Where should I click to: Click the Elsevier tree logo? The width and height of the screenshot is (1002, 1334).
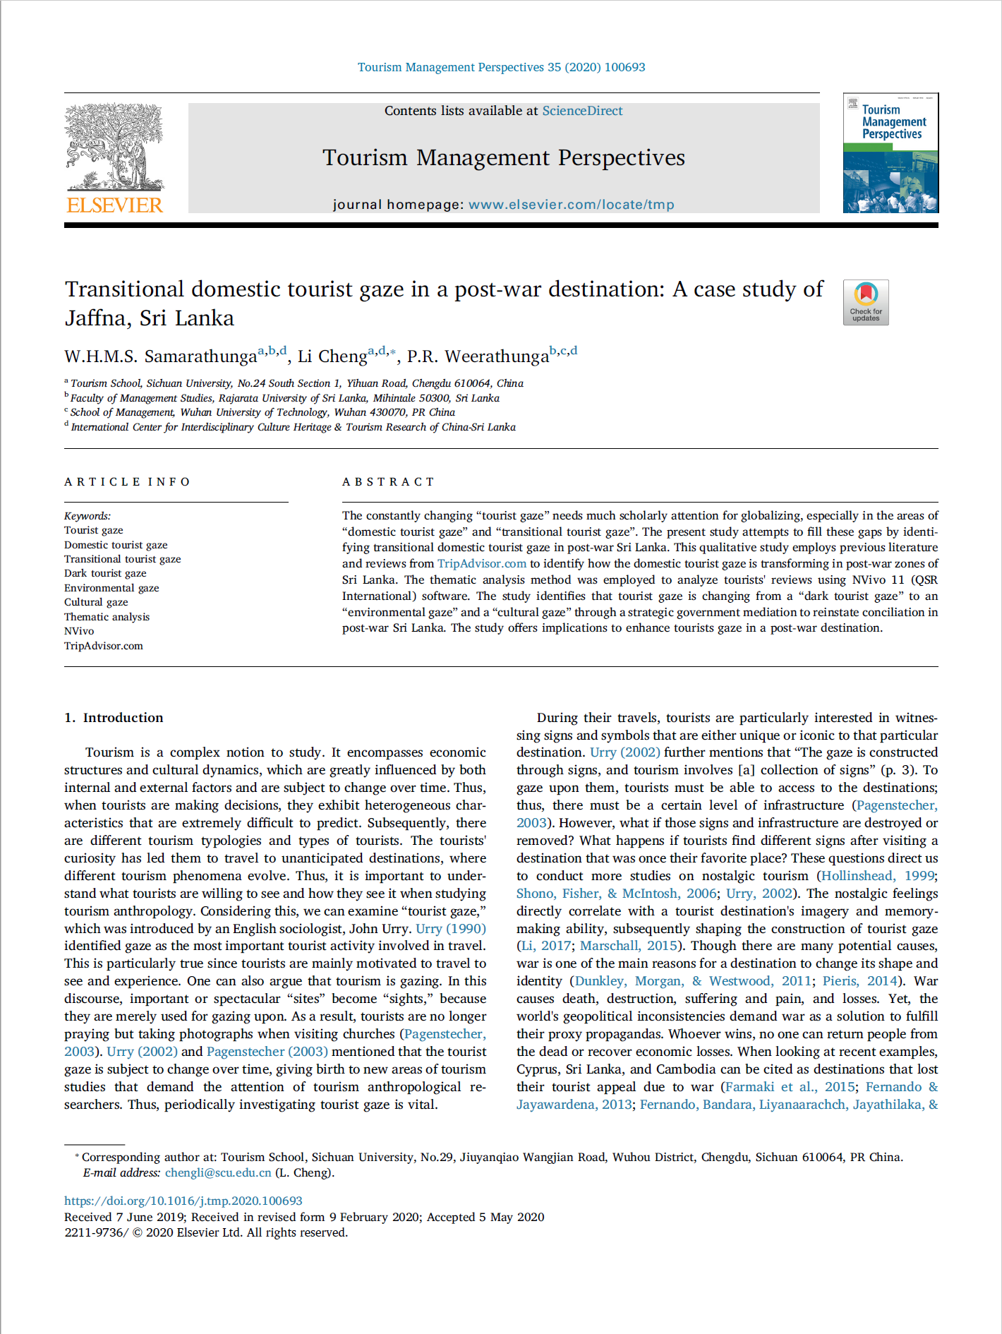(114, 147)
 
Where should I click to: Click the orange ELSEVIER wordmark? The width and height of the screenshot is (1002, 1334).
(114, 205)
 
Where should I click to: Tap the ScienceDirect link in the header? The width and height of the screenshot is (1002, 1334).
(582, 111)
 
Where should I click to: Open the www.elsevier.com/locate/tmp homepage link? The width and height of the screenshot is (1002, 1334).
(571, 205)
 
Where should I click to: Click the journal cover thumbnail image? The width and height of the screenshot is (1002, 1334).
(891, 153)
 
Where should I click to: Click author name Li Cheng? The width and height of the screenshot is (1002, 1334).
(332, 356)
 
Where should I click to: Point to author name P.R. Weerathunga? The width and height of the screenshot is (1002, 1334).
(478, 356)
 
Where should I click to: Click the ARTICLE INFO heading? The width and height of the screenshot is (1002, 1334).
(128, 482)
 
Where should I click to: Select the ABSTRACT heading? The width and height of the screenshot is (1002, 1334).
(388, 482)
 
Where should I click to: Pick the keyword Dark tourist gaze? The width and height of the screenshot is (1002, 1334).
(105, 573)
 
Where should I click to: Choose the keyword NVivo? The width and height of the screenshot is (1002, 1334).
(79, 631)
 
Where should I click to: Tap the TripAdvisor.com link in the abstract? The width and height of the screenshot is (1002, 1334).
(482, 563)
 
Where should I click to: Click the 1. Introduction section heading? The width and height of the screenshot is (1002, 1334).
(114, 718)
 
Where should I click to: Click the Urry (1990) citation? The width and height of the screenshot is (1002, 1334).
(450, 929)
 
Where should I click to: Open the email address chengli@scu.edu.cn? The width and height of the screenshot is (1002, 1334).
(218, 1172)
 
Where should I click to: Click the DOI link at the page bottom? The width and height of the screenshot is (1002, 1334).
(183, 1201)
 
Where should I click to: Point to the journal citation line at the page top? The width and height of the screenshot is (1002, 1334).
(501, 67)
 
